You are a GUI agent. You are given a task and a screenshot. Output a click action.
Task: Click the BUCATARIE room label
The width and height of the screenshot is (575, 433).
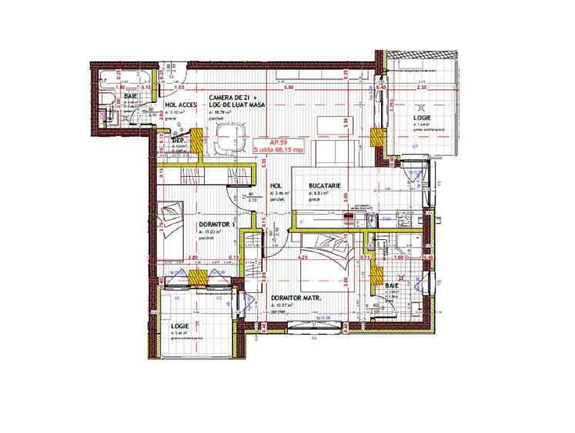click(326, 185)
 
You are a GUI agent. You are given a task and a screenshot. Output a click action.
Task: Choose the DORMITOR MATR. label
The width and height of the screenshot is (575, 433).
click(296, 298)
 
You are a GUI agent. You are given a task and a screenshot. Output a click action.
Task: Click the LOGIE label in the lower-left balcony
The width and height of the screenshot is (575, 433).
click(181, 326)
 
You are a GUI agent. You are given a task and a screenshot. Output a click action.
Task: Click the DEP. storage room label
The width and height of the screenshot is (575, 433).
click(177, 141)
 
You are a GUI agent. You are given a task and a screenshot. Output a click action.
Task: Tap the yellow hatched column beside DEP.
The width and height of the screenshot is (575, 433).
click(197, 141)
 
